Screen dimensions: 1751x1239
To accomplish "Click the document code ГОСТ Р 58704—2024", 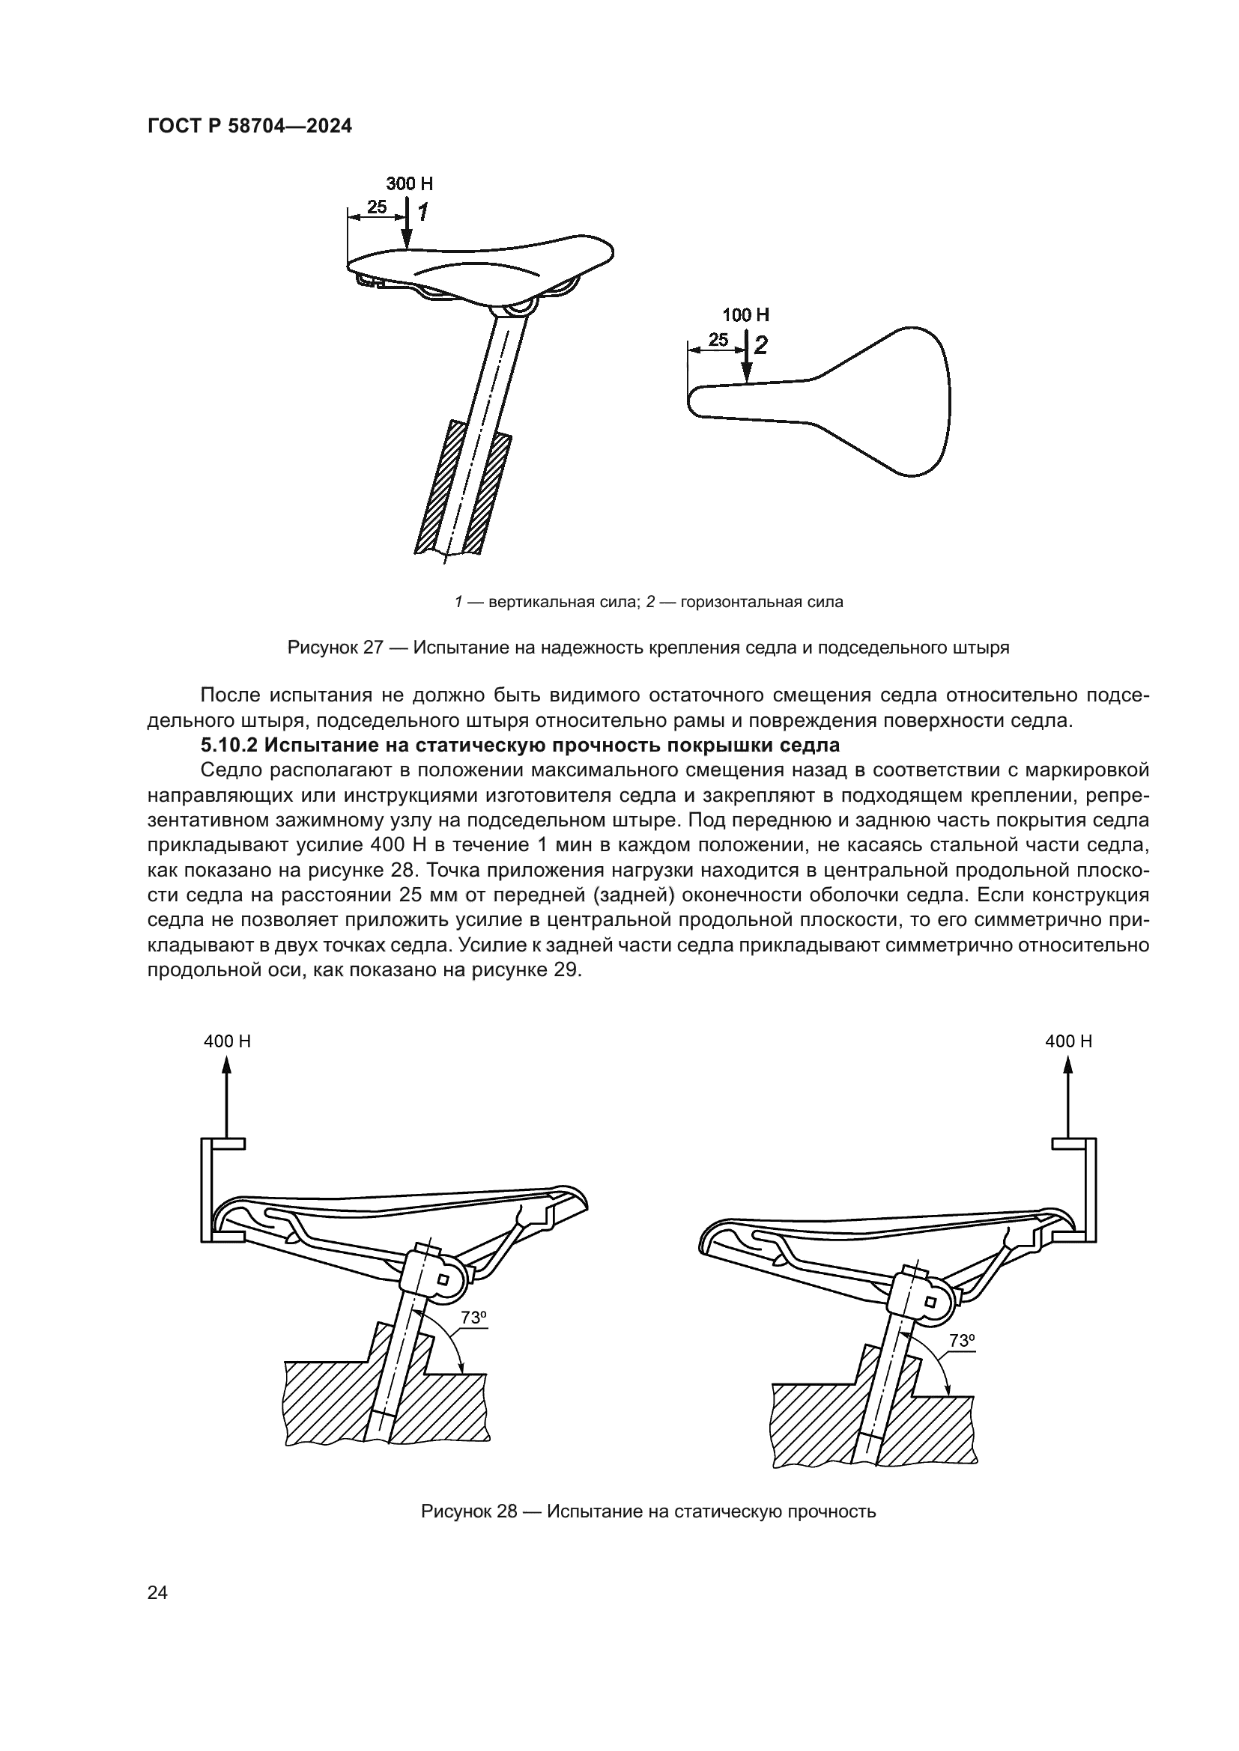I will pyautogui.click(x=249, y=127).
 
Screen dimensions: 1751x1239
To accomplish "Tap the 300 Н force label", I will pyautogui.click(x=409, y=184).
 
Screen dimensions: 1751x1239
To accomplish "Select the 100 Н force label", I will pyautogui.click(x=745, y=315).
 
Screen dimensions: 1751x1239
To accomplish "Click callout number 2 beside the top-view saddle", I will pyautogui.click(x=760, y=345).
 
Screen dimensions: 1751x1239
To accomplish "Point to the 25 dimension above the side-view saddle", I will pyautogui.click(x=377, y=207).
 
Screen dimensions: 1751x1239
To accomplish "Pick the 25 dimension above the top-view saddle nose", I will pyautogui.click(x=718, y=340).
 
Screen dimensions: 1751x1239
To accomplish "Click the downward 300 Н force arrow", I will pyautogui.click(x=408, y=225).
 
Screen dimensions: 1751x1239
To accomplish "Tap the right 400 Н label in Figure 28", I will pyautogui.click(x=1068, y=1041).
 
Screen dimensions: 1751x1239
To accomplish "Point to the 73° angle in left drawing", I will pyautogui.click(x=473, y=1317).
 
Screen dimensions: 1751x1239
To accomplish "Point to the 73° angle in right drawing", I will pyautogui.click(x=962, y=1340).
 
